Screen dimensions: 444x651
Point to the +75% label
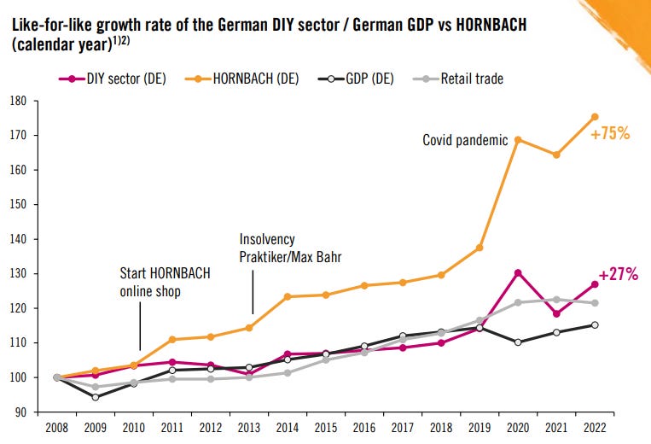[x=609, y=133]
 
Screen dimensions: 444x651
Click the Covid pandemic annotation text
[x=465, y=140]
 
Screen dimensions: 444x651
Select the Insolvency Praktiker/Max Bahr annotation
[x=289, y=248]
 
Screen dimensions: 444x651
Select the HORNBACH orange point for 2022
[x=595, y=117]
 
